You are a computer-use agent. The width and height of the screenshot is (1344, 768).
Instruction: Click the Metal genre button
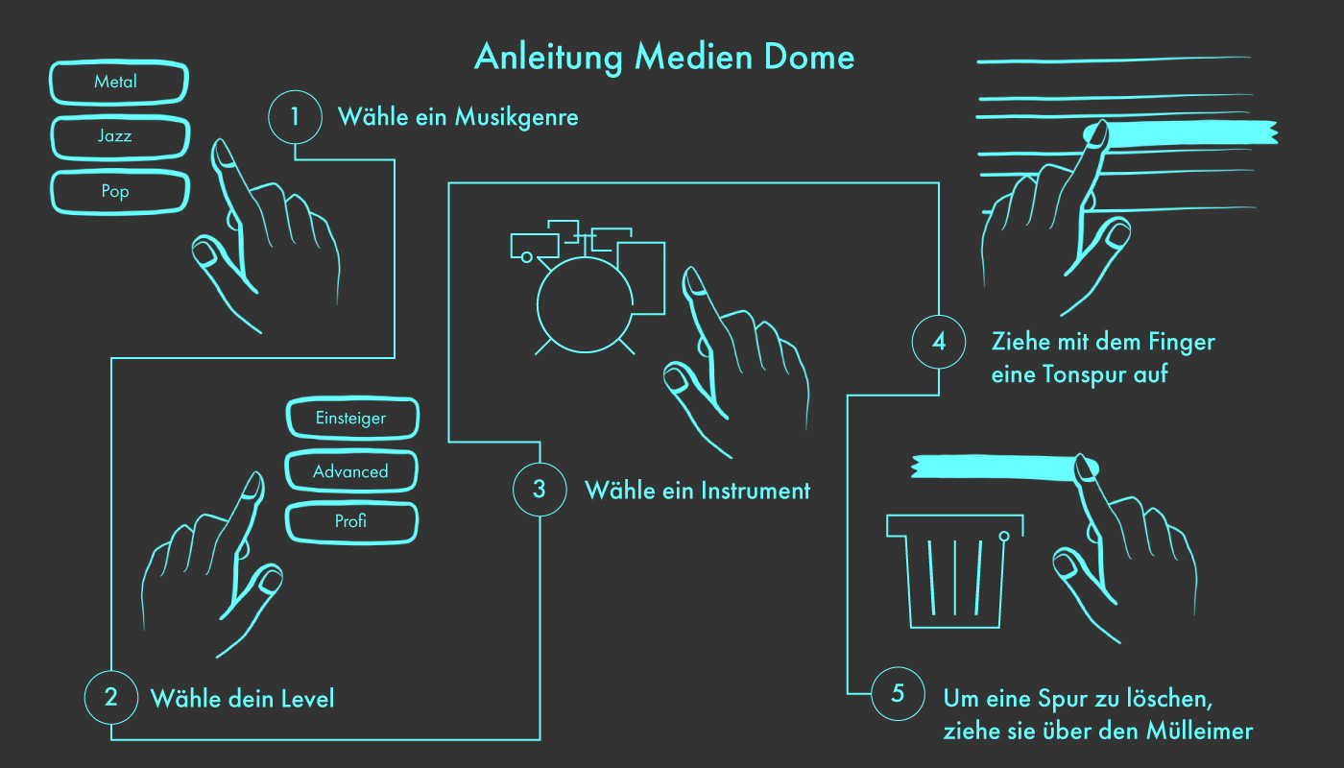(119, 83)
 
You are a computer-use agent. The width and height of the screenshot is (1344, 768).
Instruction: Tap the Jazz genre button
(120, 137)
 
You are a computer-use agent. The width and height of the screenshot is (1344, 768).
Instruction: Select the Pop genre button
(120, 192)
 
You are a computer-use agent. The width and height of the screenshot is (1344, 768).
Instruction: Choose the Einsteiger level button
(352, 419)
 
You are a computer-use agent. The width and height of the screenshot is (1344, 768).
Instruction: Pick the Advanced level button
(351, 471)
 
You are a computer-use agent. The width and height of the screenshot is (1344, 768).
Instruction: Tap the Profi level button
(351, 522)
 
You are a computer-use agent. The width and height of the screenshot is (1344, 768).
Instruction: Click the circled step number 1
(295, 116)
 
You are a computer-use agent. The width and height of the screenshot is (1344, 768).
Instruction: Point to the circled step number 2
(111, 697)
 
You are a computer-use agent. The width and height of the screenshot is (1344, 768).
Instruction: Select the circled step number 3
(540, 489)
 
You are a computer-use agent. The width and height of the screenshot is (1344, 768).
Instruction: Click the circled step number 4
(939, 342)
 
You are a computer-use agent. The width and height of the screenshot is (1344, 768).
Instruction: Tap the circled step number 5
(898, 693)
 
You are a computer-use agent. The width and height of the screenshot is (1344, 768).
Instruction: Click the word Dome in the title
(809, 58)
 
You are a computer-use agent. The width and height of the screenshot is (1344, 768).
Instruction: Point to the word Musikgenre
(516, 117)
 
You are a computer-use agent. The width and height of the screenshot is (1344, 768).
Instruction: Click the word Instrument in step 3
(756, 491)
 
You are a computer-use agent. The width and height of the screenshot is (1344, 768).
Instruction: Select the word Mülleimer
(1199, 731)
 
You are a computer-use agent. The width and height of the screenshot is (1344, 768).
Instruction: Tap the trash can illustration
(955, 571)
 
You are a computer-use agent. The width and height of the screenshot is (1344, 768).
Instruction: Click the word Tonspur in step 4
(1084, 375)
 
